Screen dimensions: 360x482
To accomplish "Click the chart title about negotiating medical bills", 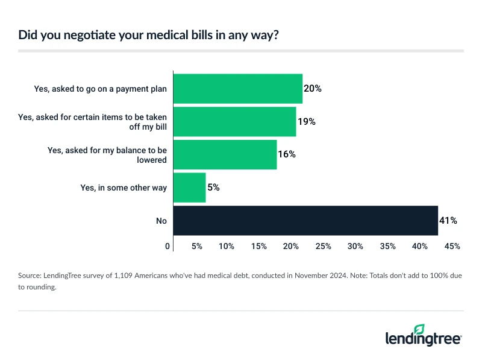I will click(148, 35).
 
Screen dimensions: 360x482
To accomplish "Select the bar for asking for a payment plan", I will click(237, 89).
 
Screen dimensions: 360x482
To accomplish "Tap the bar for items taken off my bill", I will click(234, 121).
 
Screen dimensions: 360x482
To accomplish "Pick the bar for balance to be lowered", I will click(225, 154).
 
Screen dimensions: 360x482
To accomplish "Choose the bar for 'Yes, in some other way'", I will click(189, 188).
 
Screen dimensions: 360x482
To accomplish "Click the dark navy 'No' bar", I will click(305, 220).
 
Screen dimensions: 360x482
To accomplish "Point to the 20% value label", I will click(313, 89).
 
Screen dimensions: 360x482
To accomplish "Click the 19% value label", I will click(307, 121).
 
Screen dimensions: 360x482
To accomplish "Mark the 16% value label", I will click(287, 154).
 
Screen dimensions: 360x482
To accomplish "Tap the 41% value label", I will click(448, 221).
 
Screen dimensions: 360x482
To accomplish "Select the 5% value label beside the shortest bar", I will click(213, 188).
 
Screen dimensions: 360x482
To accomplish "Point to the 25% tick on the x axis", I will click(324, 246).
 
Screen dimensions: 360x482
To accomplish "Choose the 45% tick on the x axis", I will click(452, 246).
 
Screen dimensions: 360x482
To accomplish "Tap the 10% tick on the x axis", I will click(227, 246).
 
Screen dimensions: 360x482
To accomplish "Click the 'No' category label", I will click(161, 221).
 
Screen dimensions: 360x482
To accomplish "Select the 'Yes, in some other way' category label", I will click(123, 188).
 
